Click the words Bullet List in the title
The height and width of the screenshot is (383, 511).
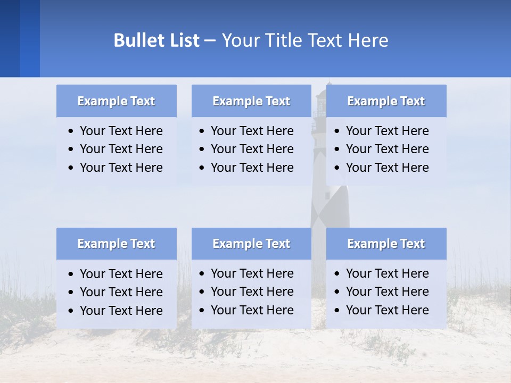pos(156,40)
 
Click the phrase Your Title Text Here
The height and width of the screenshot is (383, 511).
pos(304,40)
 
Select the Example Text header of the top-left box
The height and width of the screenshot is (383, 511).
pos(116,101)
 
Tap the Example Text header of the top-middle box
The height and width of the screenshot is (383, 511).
pos(251,101)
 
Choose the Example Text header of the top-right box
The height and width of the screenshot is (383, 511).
pos(386,101)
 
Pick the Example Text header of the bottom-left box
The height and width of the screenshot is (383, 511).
pos(116,244)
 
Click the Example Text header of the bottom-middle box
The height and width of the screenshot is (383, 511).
pos(251,244)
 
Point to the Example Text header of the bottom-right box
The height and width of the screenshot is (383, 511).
pos(386,244)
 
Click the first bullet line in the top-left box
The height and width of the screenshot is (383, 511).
pos(121,131)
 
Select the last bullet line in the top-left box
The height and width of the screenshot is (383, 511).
pos(121,168)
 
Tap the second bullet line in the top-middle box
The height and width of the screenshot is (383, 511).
pos(252,149)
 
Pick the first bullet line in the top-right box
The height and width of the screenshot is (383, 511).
pos(387,131)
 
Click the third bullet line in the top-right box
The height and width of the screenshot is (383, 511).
pos(387,168)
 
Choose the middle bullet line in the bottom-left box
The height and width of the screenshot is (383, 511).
pos(121,292)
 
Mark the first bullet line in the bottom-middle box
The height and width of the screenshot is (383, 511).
pos(252,273)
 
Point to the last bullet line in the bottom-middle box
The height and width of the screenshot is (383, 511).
pos(252,310)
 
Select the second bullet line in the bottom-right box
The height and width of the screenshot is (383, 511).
pos(387,292)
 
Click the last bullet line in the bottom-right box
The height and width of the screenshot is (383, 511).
pos(387,310)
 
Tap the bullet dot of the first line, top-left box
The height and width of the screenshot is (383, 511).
pos(71,131)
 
